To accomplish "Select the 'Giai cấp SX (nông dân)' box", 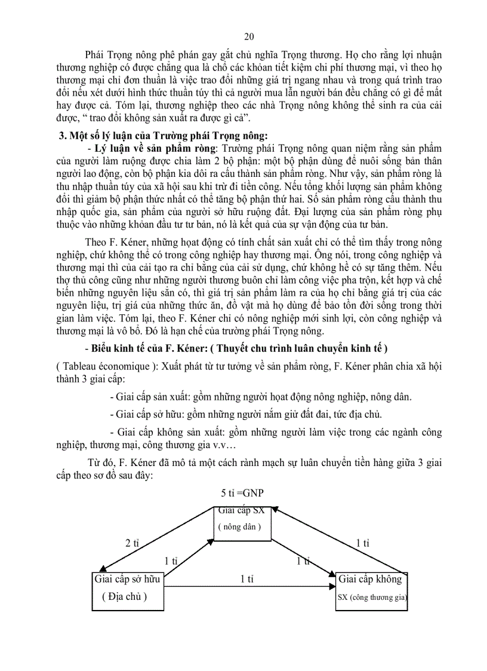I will [x=242, y=523].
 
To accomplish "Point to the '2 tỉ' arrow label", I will [x=132, y=544].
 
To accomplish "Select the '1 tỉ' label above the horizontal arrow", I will [x=247, y=579].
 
